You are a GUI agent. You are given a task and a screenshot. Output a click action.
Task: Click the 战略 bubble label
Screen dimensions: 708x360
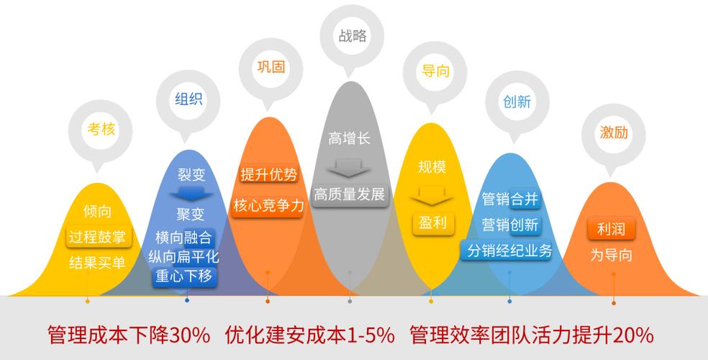pos(352,36)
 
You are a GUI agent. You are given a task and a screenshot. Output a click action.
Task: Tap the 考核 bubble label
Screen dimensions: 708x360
pos(101,129)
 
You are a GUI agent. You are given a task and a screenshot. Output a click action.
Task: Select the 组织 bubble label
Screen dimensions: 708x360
pos(189,99)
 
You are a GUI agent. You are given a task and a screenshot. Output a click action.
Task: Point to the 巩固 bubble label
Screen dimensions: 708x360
pos(271,67)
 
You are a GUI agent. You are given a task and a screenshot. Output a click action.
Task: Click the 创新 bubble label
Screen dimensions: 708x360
pos(517,102)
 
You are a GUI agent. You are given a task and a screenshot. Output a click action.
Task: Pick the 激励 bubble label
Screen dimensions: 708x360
pos(614,132)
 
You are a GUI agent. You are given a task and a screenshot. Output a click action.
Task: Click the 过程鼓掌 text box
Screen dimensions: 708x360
pos(97,237)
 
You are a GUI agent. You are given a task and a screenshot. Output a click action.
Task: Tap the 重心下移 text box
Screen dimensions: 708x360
pos(183,276)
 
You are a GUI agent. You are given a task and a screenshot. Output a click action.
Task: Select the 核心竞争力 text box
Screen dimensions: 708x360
pos(268,206)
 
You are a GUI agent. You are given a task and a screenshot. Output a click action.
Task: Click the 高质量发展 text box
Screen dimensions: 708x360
pos(350,194)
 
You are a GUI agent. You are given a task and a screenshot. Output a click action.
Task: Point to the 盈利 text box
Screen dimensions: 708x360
pos(432,222)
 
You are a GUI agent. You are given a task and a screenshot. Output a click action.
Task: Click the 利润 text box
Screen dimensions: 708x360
pos(611,229)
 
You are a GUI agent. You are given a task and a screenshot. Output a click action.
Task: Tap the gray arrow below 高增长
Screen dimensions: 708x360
pos(349,166)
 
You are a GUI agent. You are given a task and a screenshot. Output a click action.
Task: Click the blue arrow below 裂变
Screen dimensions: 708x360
pos(191,194)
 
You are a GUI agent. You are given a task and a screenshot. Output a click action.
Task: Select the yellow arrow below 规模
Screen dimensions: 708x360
pos(432,196)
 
